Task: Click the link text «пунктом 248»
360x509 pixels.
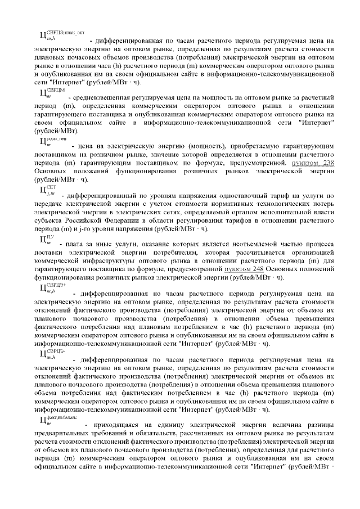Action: coord(244,269)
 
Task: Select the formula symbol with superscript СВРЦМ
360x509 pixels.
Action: coord(52,93)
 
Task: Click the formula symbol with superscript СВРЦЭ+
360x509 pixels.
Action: coord(52,289)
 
